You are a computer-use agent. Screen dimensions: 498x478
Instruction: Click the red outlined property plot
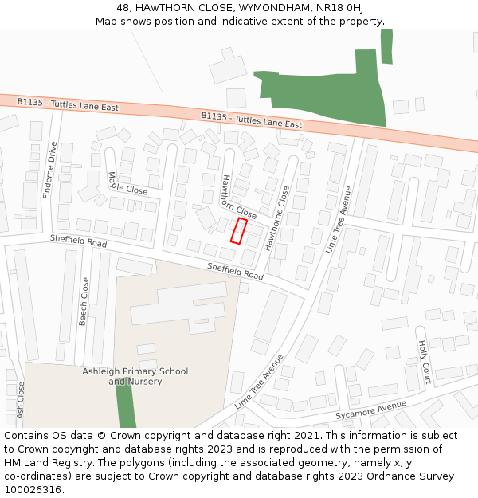click(x=238, y=230)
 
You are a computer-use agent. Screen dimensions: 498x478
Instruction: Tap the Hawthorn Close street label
click(x=238, y=198)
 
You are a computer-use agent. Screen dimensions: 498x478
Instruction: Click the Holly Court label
click(x=425, y=362)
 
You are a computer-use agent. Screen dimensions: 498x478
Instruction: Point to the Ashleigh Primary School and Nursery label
click(x=135, y=376)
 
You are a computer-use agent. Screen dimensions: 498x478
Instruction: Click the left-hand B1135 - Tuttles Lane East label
click(x=68, y=104)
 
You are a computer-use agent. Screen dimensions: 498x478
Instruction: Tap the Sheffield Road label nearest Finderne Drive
click(x=78, y=241)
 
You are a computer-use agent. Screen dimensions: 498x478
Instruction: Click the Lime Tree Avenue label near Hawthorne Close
click(x=339, y=219)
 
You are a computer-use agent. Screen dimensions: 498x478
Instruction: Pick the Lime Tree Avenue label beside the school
click(x=259, y=382)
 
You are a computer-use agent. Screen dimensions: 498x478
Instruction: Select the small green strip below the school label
click(x=126, y=406)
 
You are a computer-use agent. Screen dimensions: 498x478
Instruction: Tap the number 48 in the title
click(x=123, y=7)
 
